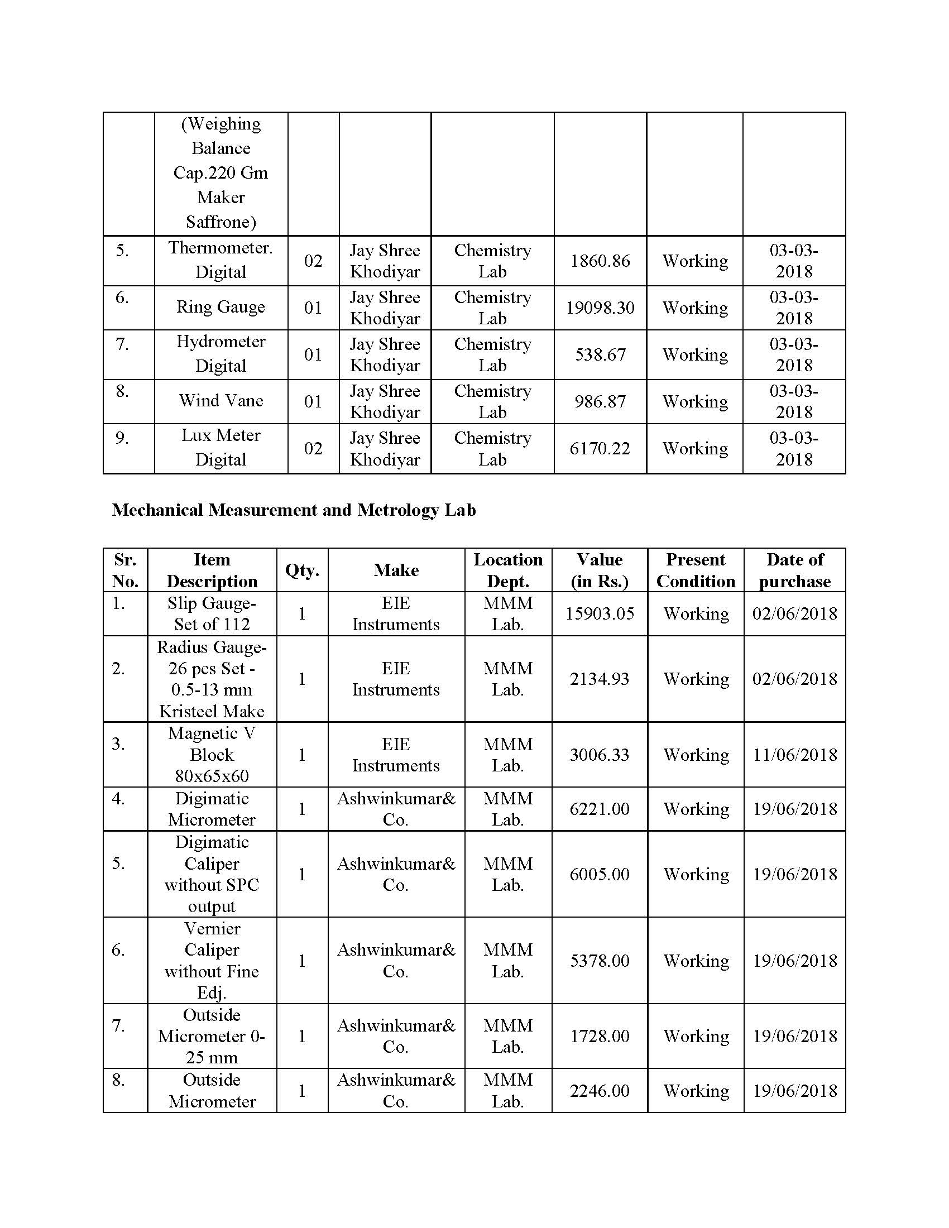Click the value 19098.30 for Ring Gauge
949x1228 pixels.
[600, 308]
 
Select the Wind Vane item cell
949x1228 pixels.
[221, 401]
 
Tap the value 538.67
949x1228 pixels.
[600, 355]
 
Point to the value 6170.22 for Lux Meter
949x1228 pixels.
[600, 449]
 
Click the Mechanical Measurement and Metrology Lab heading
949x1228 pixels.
[294, 510]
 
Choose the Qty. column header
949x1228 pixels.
[302, 570]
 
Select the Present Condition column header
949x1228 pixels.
[696, 570]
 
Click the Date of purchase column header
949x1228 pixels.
[794, 570]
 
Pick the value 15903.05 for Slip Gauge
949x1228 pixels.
[600, 613]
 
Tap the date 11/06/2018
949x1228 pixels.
[794, 755]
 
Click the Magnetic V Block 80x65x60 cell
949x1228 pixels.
[212, 755]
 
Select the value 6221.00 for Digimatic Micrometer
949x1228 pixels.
[600, 809]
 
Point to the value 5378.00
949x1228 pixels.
[600, 961]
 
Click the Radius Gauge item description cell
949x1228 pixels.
[212, 679]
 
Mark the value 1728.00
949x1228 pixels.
[600, 1037]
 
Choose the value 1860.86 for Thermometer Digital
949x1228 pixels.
[600, 261]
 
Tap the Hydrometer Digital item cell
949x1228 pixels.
[221, 354]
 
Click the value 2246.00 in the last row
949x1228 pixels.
[600, 1091]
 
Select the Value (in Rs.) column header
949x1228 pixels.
[600, 570]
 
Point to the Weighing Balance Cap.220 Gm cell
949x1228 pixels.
[221, 173]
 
